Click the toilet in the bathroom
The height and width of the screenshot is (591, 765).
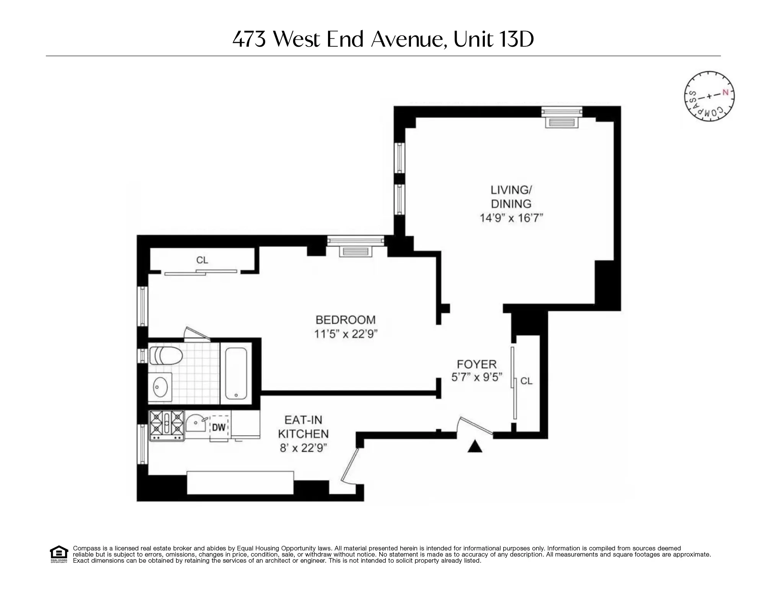(x=165, y=355)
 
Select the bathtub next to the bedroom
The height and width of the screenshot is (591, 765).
(x=236, y=373)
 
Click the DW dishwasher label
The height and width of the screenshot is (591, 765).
(x=219, y=427)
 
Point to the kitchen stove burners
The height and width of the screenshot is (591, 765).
(x=166, y=426)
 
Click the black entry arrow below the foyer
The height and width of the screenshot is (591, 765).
(x=475, y=446)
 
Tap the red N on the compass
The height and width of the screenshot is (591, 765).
(x=725, y=93)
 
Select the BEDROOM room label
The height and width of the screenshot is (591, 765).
(x=345, y=320)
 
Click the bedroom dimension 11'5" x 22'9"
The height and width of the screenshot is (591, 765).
(x=346, y=334)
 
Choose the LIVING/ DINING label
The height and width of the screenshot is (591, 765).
(x=511, y=197)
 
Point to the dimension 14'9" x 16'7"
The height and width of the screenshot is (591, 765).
(x=511, y=218)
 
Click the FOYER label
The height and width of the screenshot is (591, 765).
(x=476, y=364)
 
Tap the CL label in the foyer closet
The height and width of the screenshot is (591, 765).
(x=527, y=381)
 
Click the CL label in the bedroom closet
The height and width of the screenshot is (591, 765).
(x=202, y=260)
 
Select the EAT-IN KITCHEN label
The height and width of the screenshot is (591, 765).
(x=303, y=427)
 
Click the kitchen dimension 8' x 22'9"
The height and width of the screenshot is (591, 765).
(x=303, y=448)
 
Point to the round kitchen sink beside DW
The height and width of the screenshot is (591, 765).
(x=196, y=424)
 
